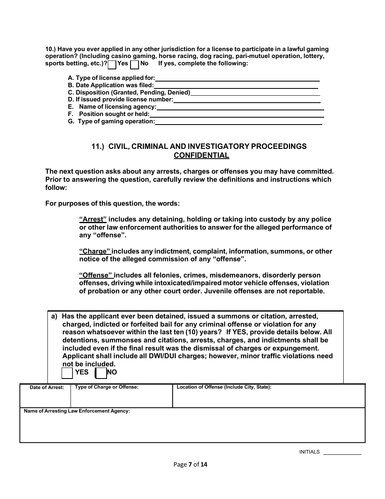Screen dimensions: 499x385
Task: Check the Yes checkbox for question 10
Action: (x=112, y=64)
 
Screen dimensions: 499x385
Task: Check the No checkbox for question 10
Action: (x=135, y=64)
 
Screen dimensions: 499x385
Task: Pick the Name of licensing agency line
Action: (x=240, y=107)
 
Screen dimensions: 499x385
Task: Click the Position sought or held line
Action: (x=237, y=114)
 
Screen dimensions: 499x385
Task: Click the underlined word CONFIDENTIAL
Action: (x=201, y=155)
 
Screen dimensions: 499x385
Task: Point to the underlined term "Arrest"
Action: (x=93, y=219)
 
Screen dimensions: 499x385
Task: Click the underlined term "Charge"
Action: (x=94, y=252)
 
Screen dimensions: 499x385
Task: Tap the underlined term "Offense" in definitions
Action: (x=96, y=276)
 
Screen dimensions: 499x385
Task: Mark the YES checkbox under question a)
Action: (x=67, y=373)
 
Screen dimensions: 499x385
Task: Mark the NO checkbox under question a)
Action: (x=101, y=373)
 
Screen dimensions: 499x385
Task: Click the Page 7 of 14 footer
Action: (x=190, y=465)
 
